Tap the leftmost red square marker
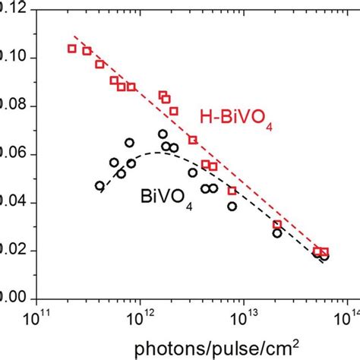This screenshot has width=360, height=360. pyautogui.click(x=72, y=49)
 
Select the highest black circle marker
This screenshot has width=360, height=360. pyautogui.click(x=163, y=134)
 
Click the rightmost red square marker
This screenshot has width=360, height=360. pyautogui.click(x=324, y=252)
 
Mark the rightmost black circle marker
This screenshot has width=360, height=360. pyautogui.click(x=324, y=257)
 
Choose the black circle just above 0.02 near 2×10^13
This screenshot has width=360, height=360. pyautogui.click(x=277, y=233)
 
